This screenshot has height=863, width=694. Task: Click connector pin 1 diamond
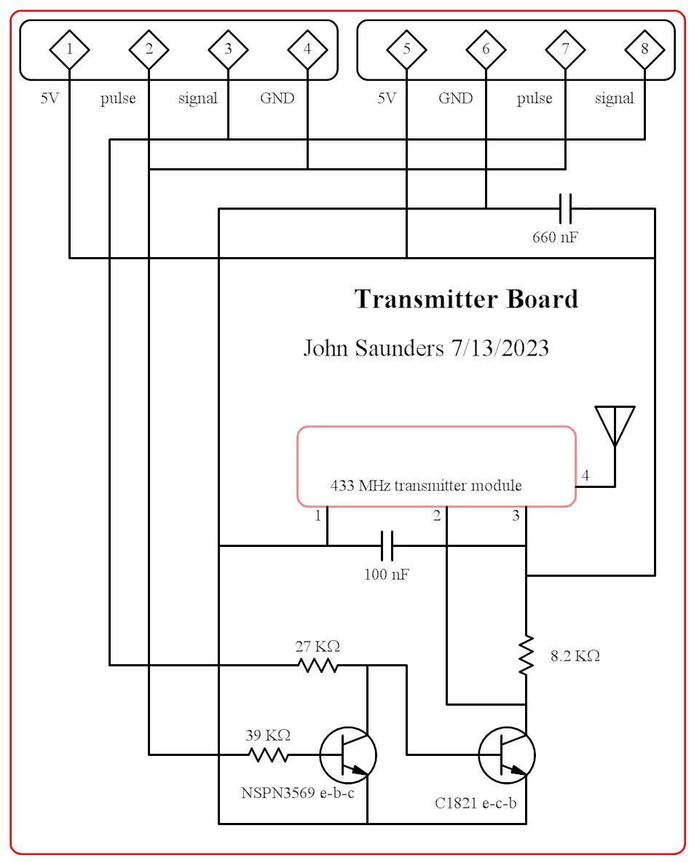69,50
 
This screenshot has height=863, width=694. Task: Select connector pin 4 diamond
307,50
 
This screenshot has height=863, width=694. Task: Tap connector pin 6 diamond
486,50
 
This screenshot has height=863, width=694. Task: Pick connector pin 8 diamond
644,50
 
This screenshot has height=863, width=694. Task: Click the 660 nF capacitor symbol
566,208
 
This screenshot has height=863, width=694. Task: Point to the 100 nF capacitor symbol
387,545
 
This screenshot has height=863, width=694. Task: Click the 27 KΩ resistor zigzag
318,665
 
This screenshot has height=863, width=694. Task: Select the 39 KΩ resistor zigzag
269,754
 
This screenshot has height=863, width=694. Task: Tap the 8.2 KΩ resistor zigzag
526,655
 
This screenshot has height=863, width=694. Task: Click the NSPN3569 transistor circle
349,755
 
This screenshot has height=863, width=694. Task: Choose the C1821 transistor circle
507,755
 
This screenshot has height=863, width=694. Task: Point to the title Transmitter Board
466,299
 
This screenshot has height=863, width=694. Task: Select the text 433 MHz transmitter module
426,486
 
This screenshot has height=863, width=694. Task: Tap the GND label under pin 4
277,98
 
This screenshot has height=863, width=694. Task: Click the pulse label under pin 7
535,98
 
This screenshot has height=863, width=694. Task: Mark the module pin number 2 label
437,516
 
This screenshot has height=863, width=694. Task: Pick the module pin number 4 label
585,476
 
